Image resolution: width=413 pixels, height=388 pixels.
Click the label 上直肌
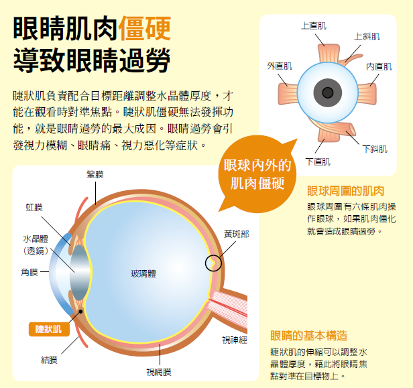click(314, 26)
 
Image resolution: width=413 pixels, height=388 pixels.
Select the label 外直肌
click(280, 66)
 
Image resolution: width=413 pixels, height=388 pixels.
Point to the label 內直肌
click(379, 67)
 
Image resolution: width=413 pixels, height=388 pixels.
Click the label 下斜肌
click(375, 149)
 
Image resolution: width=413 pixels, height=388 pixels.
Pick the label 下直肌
click(318, 161)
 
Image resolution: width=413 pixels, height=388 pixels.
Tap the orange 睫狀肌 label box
click(48, 328)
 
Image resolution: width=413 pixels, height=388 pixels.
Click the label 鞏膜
click(95, 175)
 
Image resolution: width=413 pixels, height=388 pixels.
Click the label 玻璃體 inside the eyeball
click(143, 273)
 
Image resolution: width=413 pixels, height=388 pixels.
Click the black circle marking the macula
click(213, 262)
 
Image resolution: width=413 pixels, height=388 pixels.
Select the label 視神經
click(235, 340)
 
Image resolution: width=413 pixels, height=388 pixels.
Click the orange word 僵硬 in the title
click(144, 28)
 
